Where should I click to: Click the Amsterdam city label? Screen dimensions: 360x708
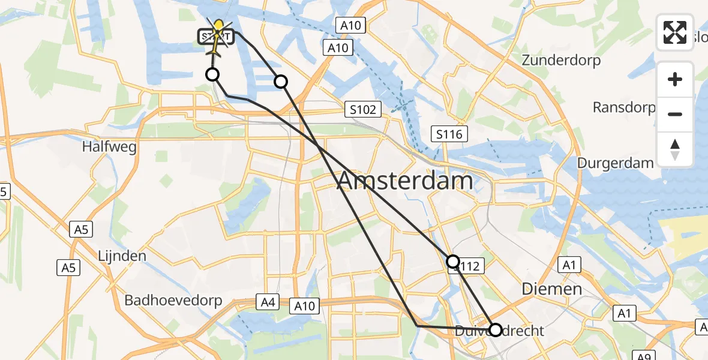(x=406, y=181)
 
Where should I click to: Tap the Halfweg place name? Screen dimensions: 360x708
(x=110, y=147)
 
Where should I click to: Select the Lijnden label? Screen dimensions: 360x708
(x=122, y=256)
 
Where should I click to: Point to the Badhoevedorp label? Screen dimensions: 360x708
(x=173, y=300)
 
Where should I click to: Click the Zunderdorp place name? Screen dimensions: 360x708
(x=561, y=61)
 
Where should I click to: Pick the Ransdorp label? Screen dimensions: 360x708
(x=624, y=107)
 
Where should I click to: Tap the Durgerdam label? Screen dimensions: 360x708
(x=615, y=163)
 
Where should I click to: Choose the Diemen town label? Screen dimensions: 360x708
(x=551, y=289)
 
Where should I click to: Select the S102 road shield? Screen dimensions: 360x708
(x=364, y=109)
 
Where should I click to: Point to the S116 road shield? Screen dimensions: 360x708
(x=449, y=134)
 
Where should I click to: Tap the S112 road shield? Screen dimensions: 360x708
(x=468, y=266)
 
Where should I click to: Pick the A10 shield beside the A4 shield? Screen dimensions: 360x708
(x=305, y=306)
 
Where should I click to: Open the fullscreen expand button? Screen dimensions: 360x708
(x=675, y=32)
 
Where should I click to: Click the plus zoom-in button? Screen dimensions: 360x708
(x=675, y=79)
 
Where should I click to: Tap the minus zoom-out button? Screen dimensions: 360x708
(x=675, y=114)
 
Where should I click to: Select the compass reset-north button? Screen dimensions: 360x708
(x=675, y=149)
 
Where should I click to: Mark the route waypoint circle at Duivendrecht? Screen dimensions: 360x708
(x=496, y=329)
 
